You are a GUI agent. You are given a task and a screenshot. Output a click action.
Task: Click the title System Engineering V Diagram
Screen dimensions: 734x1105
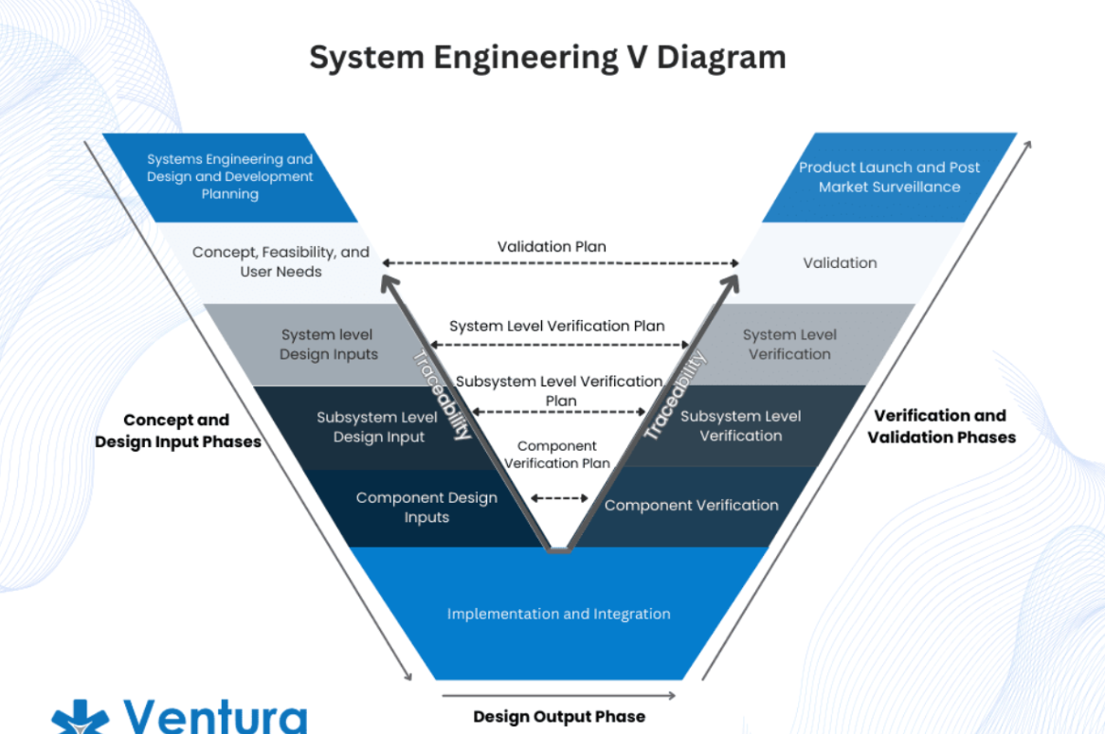548,57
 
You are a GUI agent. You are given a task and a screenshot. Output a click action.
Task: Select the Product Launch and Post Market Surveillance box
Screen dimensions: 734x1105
888,177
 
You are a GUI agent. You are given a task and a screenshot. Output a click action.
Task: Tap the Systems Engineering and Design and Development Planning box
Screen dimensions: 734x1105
230,177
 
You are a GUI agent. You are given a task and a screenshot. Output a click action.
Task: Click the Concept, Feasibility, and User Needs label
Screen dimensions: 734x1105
281,261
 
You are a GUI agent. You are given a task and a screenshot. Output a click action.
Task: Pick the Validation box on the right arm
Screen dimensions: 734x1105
840,262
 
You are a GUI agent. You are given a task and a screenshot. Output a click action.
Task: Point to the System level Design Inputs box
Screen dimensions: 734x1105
328,345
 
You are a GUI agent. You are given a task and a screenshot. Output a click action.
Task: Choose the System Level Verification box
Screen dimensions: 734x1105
789,345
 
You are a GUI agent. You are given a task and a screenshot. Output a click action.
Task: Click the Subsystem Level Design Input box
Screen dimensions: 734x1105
377,427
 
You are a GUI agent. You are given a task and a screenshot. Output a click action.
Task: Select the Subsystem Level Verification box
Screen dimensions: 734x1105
740,426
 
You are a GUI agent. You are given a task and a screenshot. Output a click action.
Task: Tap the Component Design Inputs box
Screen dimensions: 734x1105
426,508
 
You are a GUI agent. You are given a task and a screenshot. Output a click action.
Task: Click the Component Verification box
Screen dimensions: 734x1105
691,505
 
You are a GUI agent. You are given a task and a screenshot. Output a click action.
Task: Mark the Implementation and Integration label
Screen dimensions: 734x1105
558,614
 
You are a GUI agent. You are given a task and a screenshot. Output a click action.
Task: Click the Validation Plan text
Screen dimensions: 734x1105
552,247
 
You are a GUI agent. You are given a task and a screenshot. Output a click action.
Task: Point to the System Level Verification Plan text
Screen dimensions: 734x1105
556,326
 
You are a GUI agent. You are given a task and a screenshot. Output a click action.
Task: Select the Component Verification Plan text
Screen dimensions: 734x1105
556,455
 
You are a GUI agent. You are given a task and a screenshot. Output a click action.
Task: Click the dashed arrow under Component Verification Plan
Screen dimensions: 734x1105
559,497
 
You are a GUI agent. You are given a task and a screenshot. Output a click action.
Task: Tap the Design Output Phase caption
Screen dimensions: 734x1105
559,716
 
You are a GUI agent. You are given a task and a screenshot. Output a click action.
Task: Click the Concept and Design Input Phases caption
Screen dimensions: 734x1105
177,430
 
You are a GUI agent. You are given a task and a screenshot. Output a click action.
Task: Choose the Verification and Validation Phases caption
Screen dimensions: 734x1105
940,426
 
